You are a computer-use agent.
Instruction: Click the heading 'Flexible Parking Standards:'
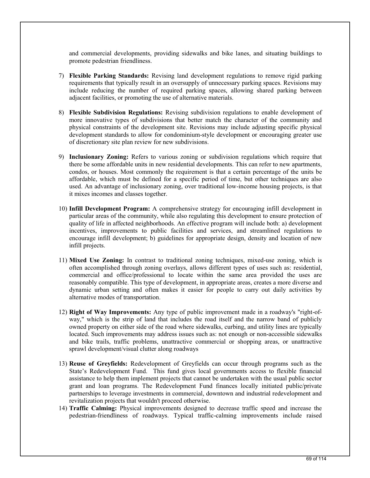(x=109, y=76)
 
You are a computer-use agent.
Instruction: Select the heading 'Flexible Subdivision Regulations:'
(x=116, y=112)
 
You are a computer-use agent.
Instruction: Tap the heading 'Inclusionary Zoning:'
(x=99, y=157)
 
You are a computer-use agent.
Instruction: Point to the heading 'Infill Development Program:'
(x=109, y=209)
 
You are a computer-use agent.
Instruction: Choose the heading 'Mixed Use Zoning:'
(x=97, y=260)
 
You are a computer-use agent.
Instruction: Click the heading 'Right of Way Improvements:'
(x=110, y=312)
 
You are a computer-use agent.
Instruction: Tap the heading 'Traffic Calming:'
(x=93, y=408)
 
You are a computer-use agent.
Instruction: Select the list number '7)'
(x=62, y=76)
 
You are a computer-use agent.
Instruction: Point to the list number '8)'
(x=62, y=112)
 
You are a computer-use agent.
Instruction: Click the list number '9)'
(x=62, y=157)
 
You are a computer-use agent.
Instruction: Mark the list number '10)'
(x=63, y=209)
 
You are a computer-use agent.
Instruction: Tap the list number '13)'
(x=63, y=364)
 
